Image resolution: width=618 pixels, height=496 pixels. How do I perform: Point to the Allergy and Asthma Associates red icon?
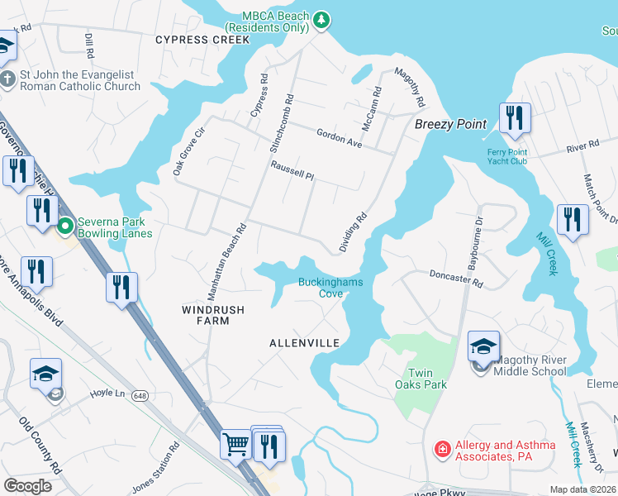pyautogui.click(x=444, y=450)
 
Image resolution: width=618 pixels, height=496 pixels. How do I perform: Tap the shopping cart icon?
pyautogui.click(x=235, y=445)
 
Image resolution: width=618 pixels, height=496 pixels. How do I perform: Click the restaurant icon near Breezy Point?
pyautogui.click(x=515, y=118)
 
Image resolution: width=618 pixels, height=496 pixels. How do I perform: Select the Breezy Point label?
pyautogui.click(x=450, y=124)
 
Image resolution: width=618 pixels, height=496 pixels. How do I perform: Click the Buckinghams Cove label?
pyautogui.click(x=330, y=288)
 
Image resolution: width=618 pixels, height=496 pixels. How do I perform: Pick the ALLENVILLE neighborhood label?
pyautogui.click(x=305, y=342)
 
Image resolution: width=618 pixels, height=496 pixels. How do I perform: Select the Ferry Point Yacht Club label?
pyautogui.click(x=506, y=156)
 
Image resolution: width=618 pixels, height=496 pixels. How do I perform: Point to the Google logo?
pyautogui.click(x=28, y=485)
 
